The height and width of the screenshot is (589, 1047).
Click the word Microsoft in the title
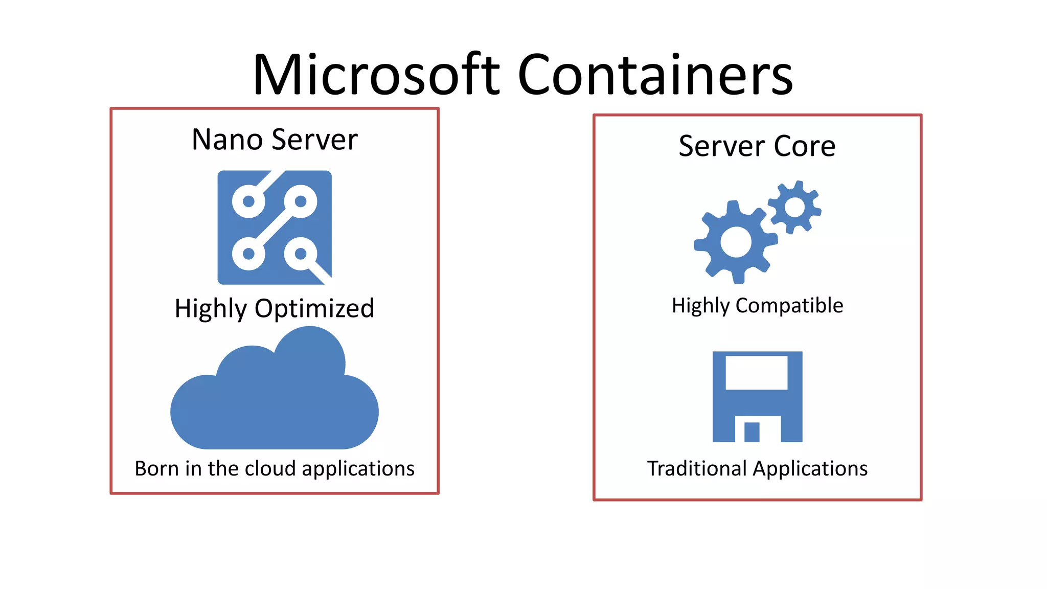point(376,75)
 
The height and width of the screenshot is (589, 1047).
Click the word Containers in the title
point(655,75)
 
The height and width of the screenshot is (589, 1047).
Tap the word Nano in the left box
point(227,140)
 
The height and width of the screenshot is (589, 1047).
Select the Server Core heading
point(757,146)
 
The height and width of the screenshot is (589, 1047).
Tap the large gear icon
point(736,242)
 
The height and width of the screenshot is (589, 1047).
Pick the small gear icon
point(794,207)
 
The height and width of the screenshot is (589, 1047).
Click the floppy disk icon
point(757,396)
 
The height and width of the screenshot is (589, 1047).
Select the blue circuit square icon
point(275,228)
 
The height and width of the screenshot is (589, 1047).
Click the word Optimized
point(314,308)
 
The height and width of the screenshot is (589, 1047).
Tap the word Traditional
point(697,468)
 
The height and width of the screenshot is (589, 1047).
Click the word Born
point(157,468)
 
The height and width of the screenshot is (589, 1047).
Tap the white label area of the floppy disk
point(757,373)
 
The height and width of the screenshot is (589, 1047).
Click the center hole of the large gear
point(736,242)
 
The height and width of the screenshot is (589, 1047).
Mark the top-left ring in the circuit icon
point(248,201)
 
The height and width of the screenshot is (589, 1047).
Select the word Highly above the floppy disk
point(700,306)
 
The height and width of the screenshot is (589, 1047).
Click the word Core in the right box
point(804,146)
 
